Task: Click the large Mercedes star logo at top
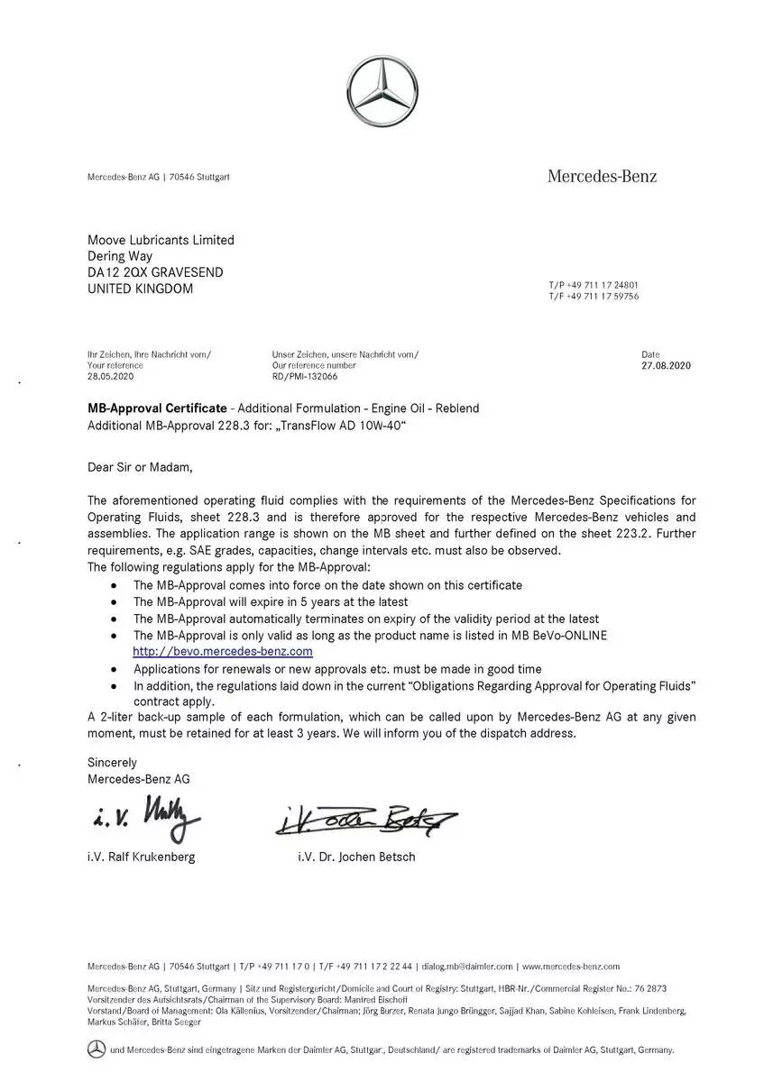pyautogui.click(x=382, y=92)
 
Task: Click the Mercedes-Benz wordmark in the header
pyautogui.click(x=602, y=176)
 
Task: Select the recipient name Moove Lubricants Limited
pyautogui.click(x=161, y=240)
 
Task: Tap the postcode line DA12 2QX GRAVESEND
pyautogui.click(x=155, y=272)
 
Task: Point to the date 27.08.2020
pyautogui.click(x=666, y=366)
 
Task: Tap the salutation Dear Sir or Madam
pyautogui.click(x=140, y=467)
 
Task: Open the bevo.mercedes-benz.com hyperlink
pyautogui.click(x=223, y=651)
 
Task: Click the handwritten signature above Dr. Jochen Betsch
pyautogui.click(x=365, y=820)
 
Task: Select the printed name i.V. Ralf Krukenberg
pyautogui.click(x=141, y=857)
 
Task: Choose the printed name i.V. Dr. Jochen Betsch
pyautogui.click(x=356, y=857)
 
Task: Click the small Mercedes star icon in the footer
pyautogui.click(x=97, y=1050)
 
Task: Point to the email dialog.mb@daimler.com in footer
pyautogui.click(x=467, y=967)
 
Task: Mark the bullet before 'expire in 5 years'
pyautogui.click(x=113, y=602)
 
